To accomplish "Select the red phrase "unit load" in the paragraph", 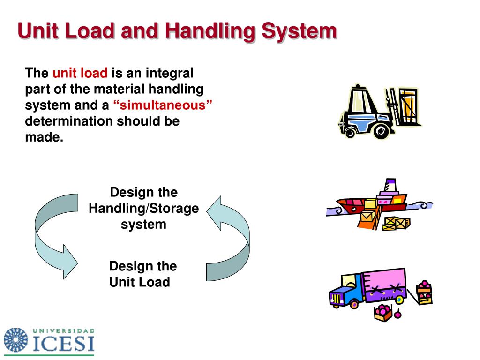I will (x=80, y=73).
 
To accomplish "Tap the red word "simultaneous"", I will (x=162, y=105).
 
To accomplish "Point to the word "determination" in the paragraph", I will (x=69, y=121).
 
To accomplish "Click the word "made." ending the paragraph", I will (x=44, y=137).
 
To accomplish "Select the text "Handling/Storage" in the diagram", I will (x=143, y=208).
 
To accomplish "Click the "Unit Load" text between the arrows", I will (x=139, y=282).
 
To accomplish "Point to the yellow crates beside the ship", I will (x=396, y=223).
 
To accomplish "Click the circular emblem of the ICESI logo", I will (x=16, y=340).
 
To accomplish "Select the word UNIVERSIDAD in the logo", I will (x=64, y=330).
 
